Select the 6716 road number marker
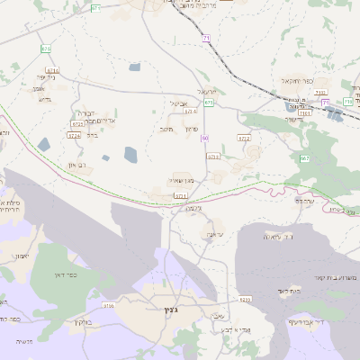51,69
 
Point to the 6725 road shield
76,122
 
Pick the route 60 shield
205,138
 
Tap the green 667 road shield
305,158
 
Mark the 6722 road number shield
244,138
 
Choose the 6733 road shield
213,157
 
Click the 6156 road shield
109,306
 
